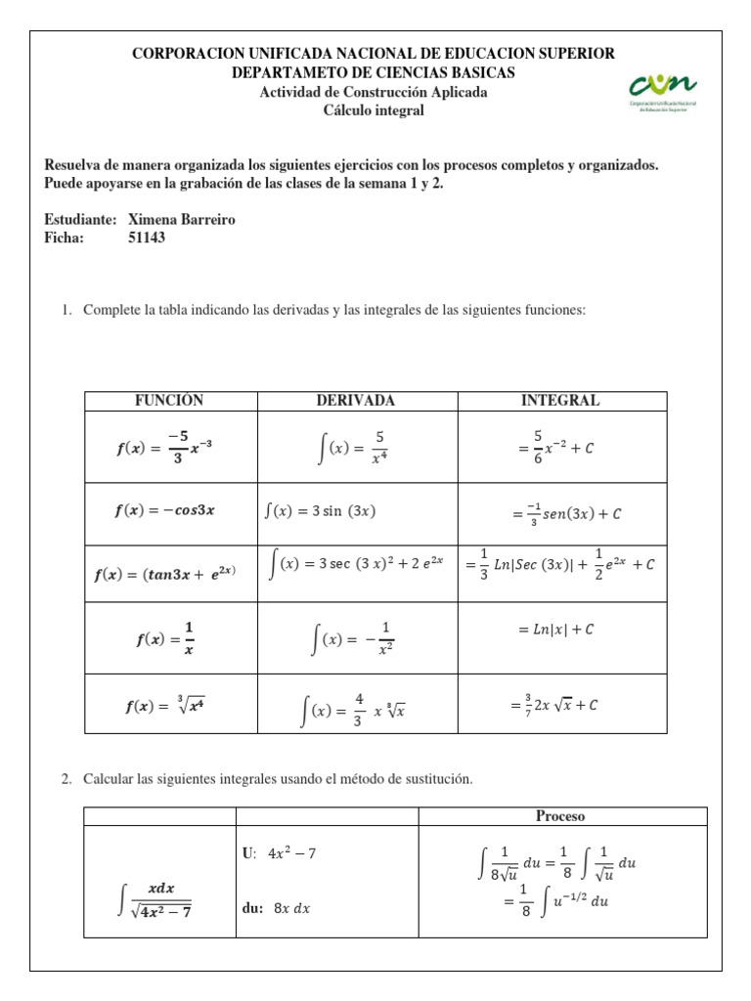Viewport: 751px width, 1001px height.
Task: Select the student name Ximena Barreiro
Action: tap(182, 220)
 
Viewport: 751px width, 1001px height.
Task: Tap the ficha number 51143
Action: tap(148, 238)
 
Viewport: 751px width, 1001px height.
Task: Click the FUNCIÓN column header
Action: tap(169, 401)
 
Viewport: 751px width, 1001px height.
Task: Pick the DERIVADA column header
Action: tap(356, 401)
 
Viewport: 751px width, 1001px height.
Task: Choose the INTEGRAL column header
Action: tap(560, 401)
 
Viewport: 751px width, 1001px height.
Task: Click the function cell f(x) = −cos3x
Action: tap(164, 510)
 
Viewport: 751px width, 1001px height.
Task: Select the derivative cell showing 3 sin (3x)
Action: tap(321, 510)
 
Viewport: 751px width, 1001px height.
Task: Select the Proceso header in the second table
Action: tap(560, 816)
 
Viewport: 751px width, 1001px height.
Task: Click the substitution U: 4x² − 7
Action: tap(279, 853)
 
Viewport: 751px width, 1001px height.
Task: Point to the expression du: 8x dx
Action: tap(275, 908)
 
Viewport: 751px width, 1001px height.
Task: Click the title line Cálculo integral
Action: tap(374, 110)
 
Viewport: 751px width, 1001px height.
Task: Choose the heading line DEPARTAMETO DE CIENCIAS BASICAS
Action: tap(374, 73)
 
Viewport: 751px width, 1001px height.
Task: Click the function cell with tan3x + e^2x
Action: tap(164, 575)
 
